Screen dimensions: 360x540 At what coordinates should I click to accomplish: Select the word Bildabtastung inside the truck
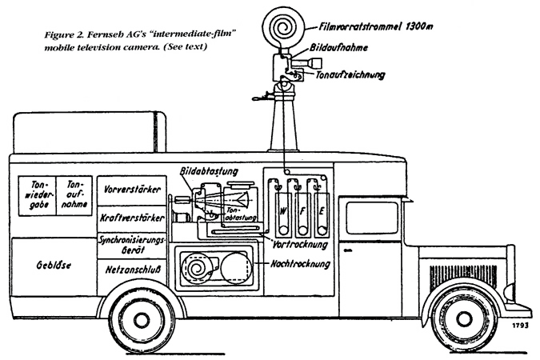pos(210,170)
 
